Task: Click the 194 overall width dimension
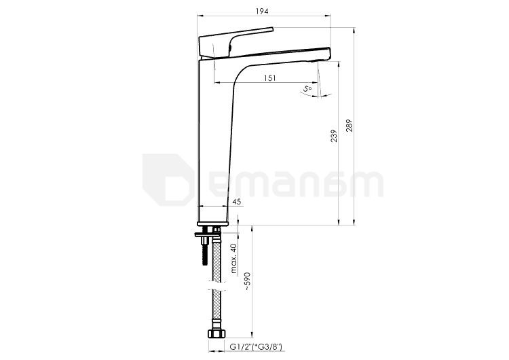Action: (262, 12)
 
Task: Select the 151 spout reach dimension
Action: (269, 78)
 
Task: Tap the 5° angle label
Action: (307, 88)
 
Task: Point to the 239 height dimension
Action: (334, 136)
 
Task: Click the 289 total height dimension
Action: (350, 126)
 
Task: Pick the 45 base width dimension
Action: (237, 202)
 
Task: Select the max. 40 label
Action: (234, 258)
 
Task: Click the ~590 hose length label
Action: (248, 281)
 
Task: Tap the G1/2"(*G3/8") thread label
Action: (255, 346)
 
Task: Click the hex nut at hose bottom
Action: (216, 334)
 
